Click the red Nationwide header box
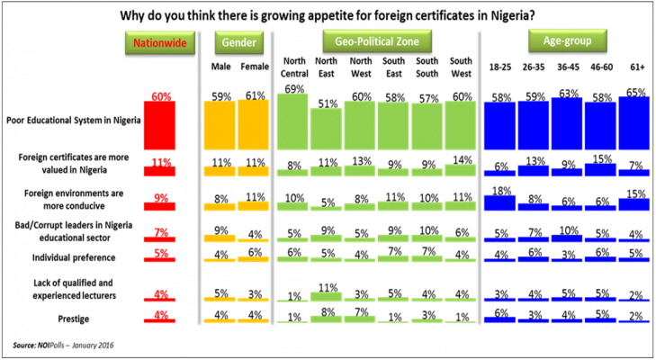coord(158,41)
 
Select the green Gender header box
coord(238,41)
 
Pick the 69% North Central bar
coord(293,113)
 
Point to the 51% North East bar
coord(327,121)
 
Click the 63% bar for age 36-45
coord(567,116)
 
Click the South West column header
coord(461,66)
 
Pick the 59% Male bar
coord(221,117)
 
